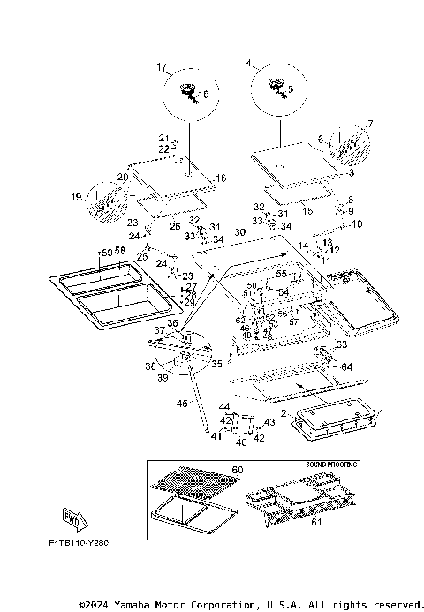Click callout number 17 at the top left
point(162,67)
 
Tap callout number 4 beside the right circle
point(248,64)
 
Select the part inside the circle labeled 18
point(188,89)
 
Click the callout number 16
point(221,178)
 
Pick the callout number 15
point(308,211)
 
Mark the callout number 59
point(105,253)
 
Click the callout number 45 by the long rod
point(182,404)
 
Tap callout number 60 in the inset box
point(237,470)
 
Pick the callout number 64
point(346,366)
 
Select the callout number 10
point(358,224)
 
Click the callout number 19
point(76,196)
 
